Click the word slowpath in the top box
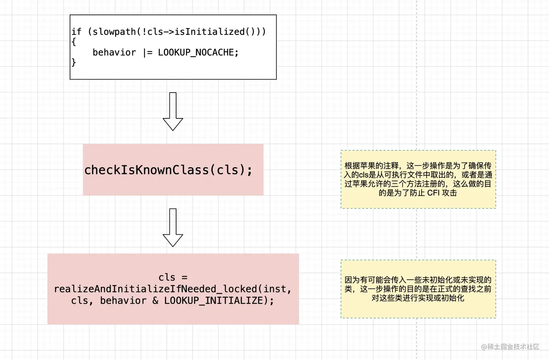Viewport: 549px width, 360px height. coord(114,32)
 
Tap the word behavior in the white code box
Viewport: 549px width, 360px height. coord(114,53)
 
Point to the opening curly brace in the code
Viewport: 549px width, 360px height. coord(74,42)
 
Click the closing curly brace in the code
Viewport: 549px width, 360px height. coord(74,62)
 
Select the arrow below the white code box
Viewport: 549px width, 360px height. coord(173,111)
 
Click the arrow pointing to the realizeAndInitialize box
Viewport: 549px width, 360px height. coord(173,227)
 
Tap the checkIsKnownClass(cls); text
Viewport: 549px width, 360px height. coord(168,170)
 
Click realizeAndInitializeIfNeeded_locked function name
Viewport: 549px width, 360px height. coord(155,289)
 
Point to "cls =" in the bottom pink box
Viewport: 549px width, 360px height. coord(173,278)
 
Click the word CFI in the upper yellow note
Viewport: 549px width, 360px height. coord(433,193)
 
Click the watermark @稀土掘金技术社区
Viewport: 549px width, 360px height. coord(510,347)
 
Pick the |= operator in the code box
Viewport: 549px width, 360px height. coord(147,53)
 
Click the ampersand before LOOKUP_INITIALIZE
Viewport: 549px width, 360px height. coord(155,301)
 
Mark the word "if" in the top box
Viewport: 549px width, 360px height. coord(76,32)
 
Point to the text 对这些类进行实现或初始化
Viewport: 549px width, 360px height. coord(418,298)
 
